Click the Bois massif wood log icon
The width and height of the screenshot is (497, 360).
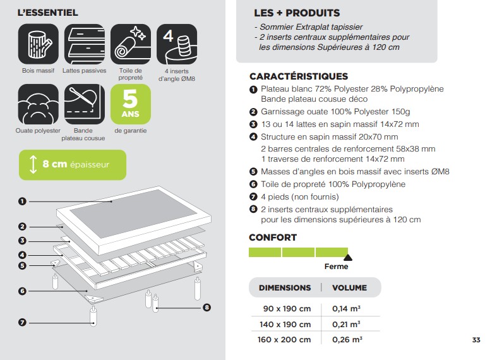39,44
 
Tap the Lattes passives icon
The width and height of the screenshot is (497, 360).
85,44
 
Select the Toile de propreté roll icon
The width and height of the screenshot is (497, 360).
131,44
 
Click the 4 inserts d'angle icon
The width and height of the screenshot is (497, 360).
177,44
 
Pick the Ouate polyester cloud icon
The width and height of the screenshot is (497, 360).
39,104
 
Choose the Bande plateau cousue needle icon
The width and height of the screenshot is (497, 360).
85,104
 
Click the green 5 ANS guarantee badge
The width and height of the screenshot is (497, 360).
131,104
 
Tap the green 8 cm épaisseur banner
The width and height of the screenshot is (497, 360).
73,165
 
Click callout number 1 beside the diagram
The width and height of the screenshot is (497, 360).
22,201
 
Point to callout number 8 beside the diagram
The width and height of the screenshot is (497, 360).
207,308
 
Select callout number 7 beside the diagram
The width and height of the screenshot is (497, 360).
22,323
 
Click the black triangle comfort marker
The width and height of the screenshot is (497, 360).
348,257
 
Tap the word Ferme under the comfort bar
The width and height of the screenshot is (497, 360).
337,267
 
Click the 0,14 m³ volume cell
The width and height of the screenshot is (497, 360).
347,308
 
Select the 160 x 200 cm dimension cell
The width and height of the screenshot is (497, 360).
284,340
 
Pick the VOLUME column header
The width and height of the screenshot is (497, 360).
349,288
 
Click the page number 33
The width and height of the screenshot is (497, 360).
476,340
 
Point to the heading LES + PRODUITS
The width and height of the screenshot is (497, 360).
297,13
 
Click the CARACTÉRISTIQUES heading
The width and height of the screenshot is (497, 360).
299,76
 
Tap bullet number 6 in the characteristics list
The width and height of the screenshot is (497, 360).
253,184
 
